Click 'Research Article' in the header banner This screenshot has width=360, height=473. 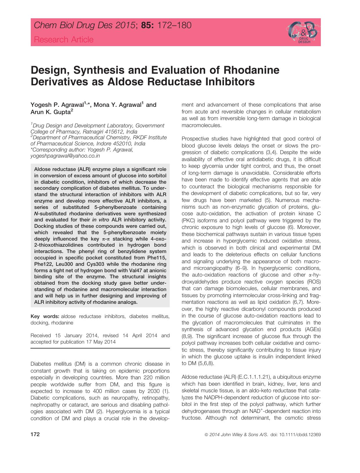pyautogui.click(x=64, y=40)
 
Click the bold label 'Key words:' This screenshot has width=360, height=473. pyautogui.click(x=45, y=316)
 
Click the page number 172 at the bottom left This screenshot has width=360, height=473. pyautogui.click(x=35, y=435)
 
